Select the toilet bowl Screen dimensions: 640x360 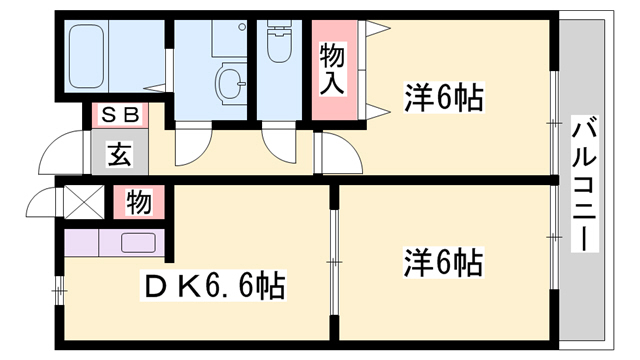[x=277, y=46]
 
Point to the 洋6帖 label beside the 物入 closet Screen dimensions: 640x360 [x=444, y=99]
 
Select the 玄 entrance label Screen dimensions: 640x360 [x=120, y=155]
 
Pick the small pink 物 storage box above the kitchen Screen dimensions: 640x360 [x=140, y=203]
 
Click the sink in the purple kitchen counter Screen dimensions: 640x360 [x=137, y=242]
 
